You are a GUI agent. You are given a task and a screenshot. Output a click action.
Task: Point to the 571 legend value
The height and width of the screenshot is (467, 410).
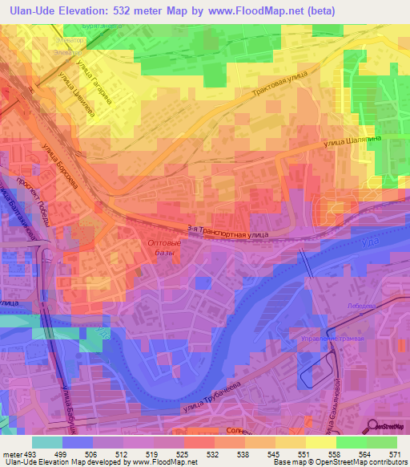pyautogui.click(x=393, y=454)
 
